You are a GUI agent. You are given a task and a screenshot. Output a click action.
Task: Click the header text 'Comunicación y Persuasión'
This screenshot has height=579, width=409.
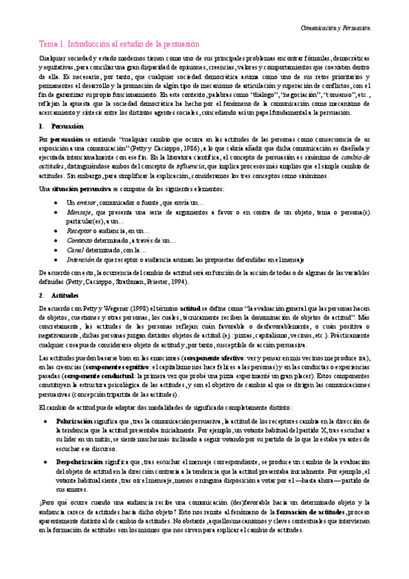click(x=335, y=28)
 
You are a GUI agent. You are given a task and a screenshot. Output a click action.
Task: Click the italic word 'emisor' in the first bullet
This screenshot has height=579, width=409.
click(x=85, y=203)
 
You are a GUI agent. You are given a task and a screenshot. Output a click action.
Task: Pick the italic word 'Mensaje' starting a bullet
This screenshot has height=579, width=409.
click(x=79, y=213)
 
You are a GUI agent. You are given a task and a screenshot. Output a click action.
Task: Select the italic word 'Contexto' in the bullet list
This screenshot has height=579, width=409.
click(x=80, y=241)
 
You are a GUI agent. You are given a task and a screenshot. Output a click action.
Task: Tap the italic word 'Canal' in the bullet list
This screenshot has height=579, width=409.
click(x=75, y=251)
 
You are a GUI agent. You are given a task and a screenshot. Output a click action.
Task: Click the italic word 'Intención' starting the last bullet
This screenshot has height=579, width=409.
click(x=81, y=260)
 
